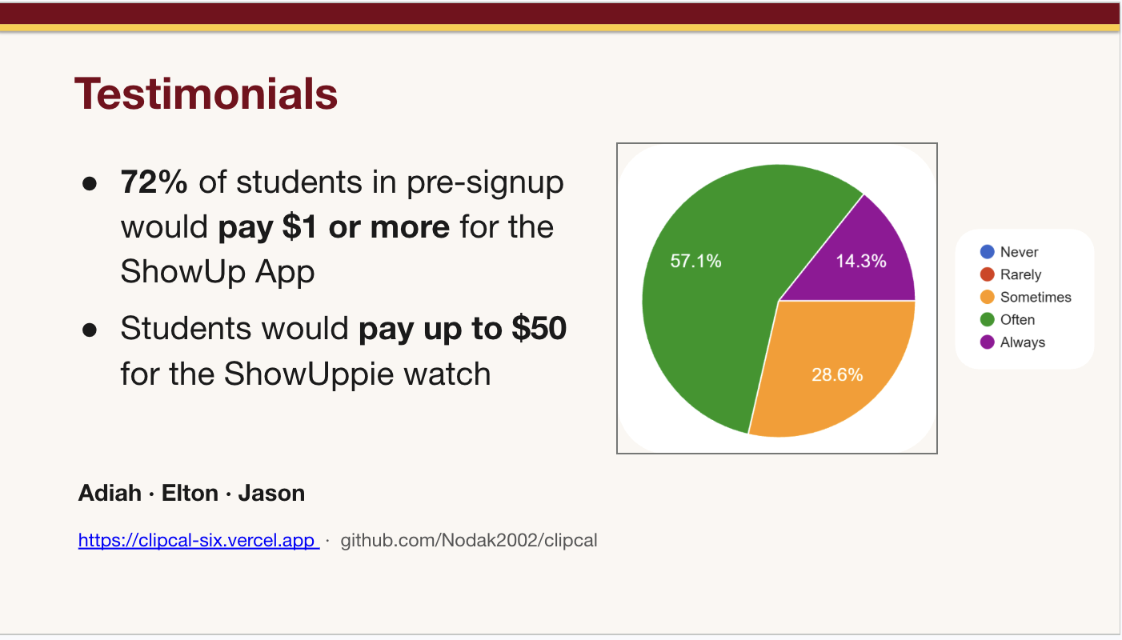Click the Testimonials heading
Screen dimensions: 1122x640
[x=206, y=94]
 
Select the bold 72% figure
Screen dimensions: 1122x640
[x=154, y=182]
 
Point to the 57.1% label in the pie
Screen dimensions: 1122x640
[x=695, y=261]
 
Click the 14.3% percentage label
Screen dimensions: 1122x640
[x=861, y=261]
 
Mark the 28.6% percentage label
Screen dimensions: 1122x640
[x=837, y=374]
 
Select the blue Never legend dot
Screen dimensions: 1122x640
[x=987, y=252]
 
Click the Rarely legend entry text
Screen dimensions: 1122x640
[x=1020, y=274]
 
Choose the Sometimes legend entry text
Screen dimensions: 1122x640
[x=1036, y=297]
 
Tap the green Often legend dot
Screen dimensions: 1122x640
[x=987, y=319]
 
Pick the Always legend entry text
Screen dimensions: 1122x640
[x=1022, y=342]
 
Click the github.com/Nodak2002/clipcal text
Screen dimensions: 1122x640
[x=469, y=540]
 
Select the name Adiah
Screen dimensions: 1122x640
[x=110, y=493]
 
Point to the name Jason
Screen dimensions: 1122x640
[x=271, y=493]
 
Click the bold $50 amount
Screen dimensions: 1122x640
[x=539, y=329]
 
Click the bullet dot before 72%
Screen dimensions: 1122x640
[x=90, y=183]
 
